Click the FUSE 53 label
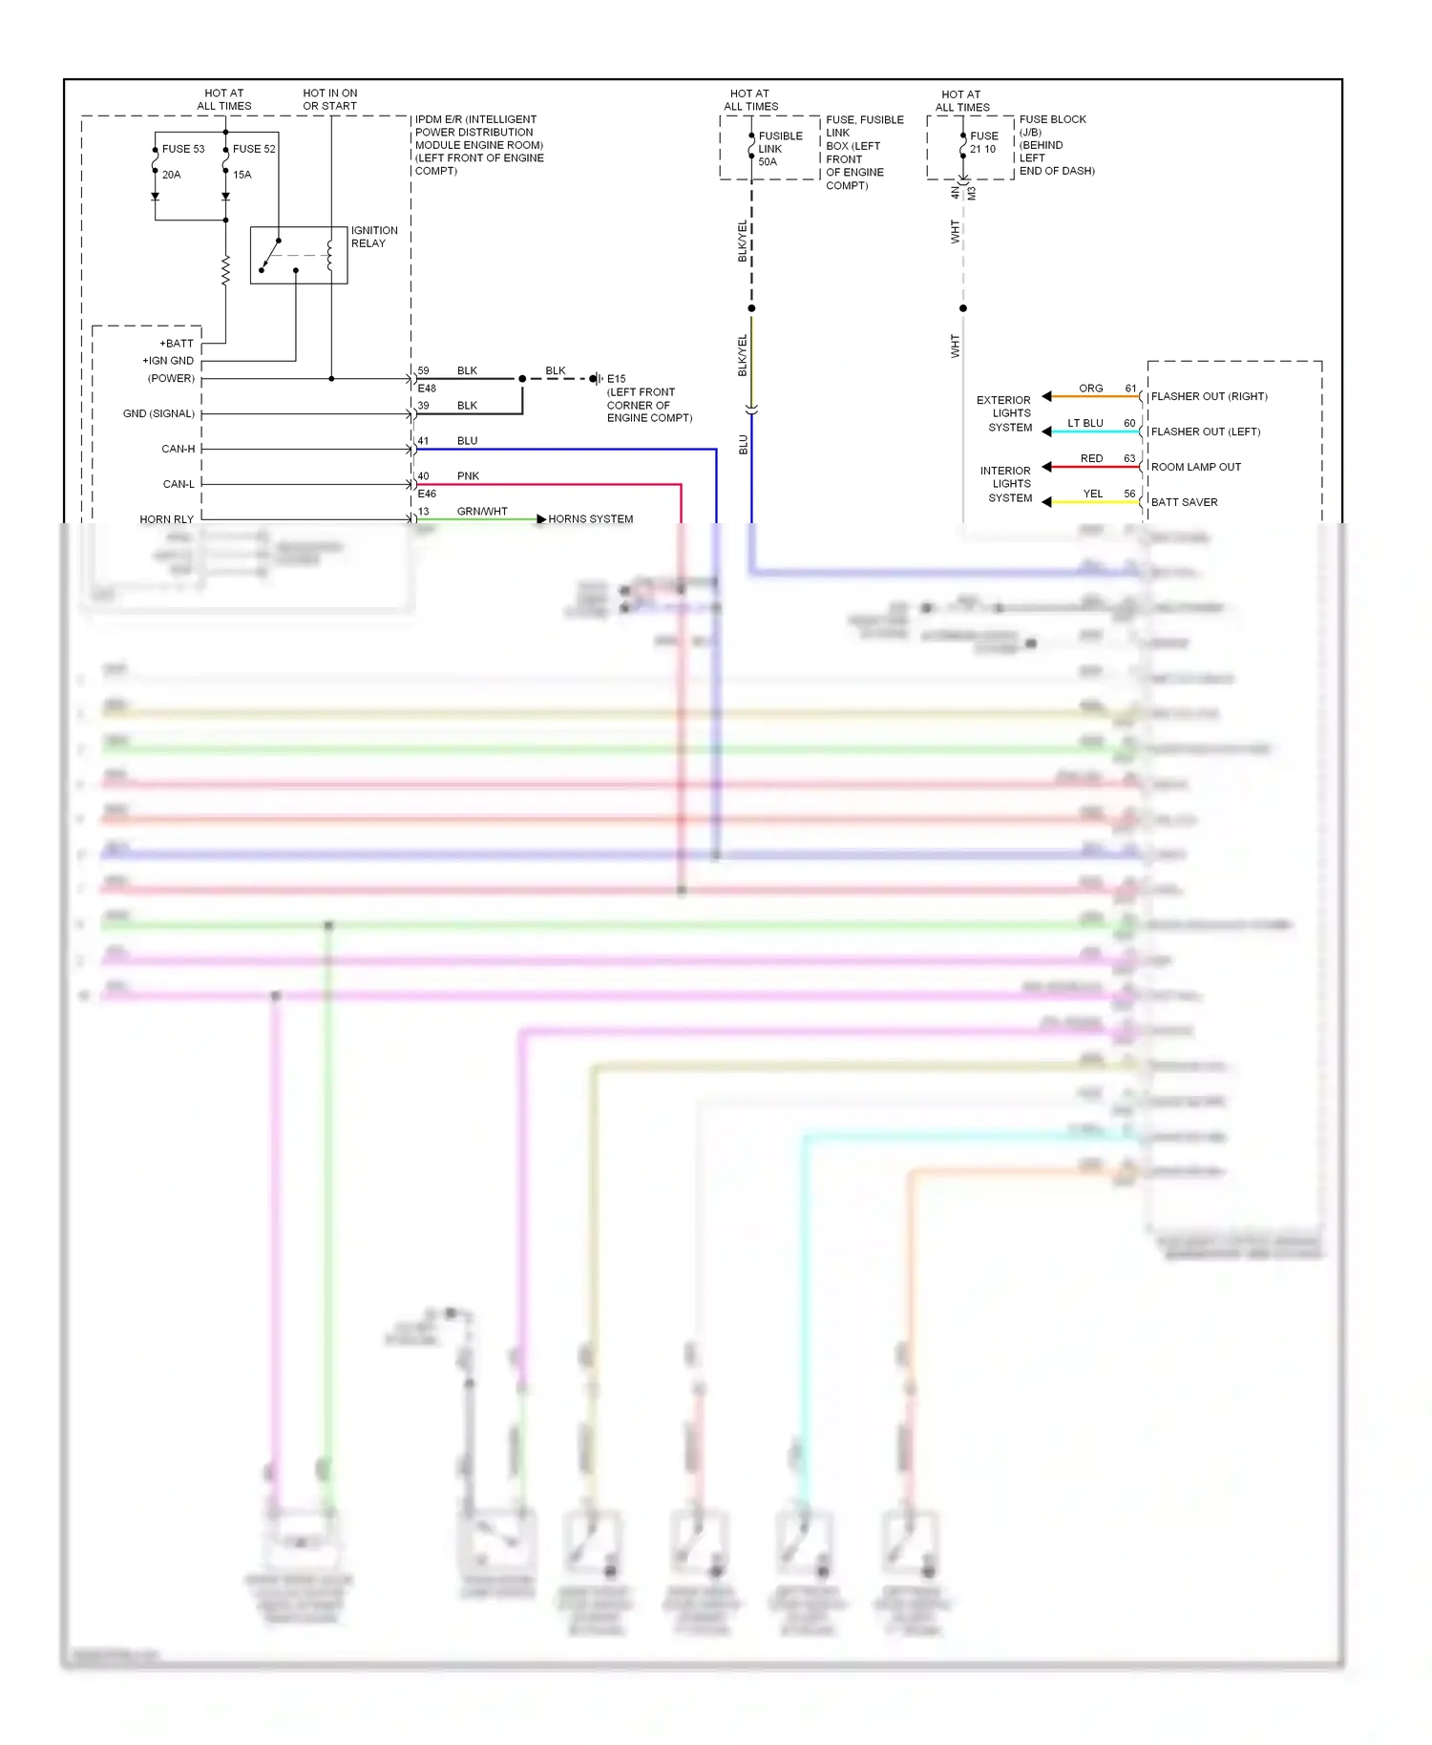[182, 149]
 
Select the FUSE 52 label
[254, 149]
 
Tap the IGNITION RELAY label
[373, 237]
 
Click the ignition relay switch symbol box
[298, 255]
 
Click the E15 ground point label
[616, 379]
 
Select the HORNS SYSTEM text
[590, 519]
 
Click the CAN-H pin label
[178, 449]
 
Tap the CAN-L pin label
[178, 484]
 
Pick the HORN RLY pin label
[166, 519]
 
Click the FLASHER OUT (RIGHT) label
[1209, 396]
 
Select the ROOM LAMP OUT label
[1195, 467]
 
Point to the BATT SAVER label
[1184, 502]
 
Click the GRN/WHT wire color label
[482, 512]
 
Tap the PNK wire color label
[468, 476]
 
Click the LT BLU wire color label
[1085, 423]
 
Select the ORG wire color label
[1090, 389]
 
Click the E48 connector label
[427, 389]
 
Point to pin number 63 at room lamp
[1129, 459]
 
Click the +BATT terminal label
[177, 344]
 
